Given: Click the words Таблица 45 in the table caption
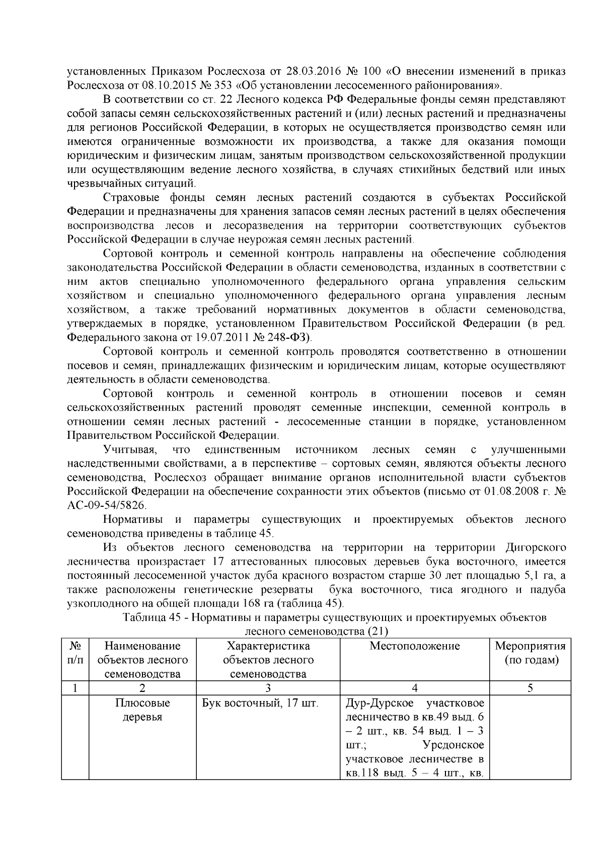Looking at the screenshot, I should coord(149,617).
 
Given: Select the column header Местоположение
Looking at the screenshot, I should coord(415,646).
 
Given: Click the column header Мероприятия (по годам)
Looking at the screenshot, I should coord(530,653).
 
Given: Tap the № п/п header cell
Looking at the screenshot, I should coord(74,653).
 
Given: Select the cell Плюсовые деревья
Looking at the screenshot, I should coord(142,710).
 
